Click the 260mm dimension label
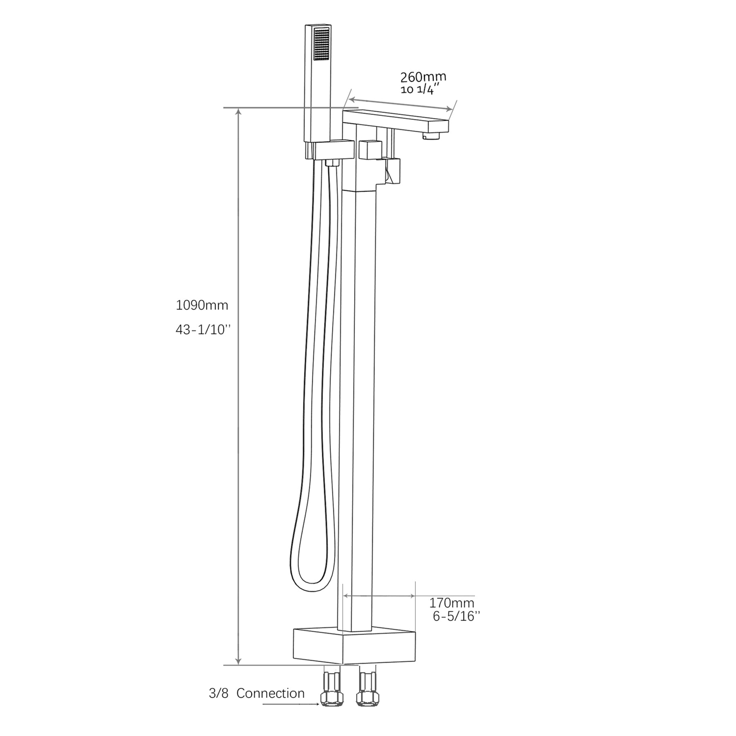tap(423, 76)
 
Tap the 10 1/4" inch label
tap(420, 90)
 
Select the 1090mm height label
tap(202, 305)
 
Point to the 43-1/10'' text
tap(203, 330)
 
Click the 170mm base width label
tap(451, 603)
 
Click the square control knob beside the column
tap(370, 150)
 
